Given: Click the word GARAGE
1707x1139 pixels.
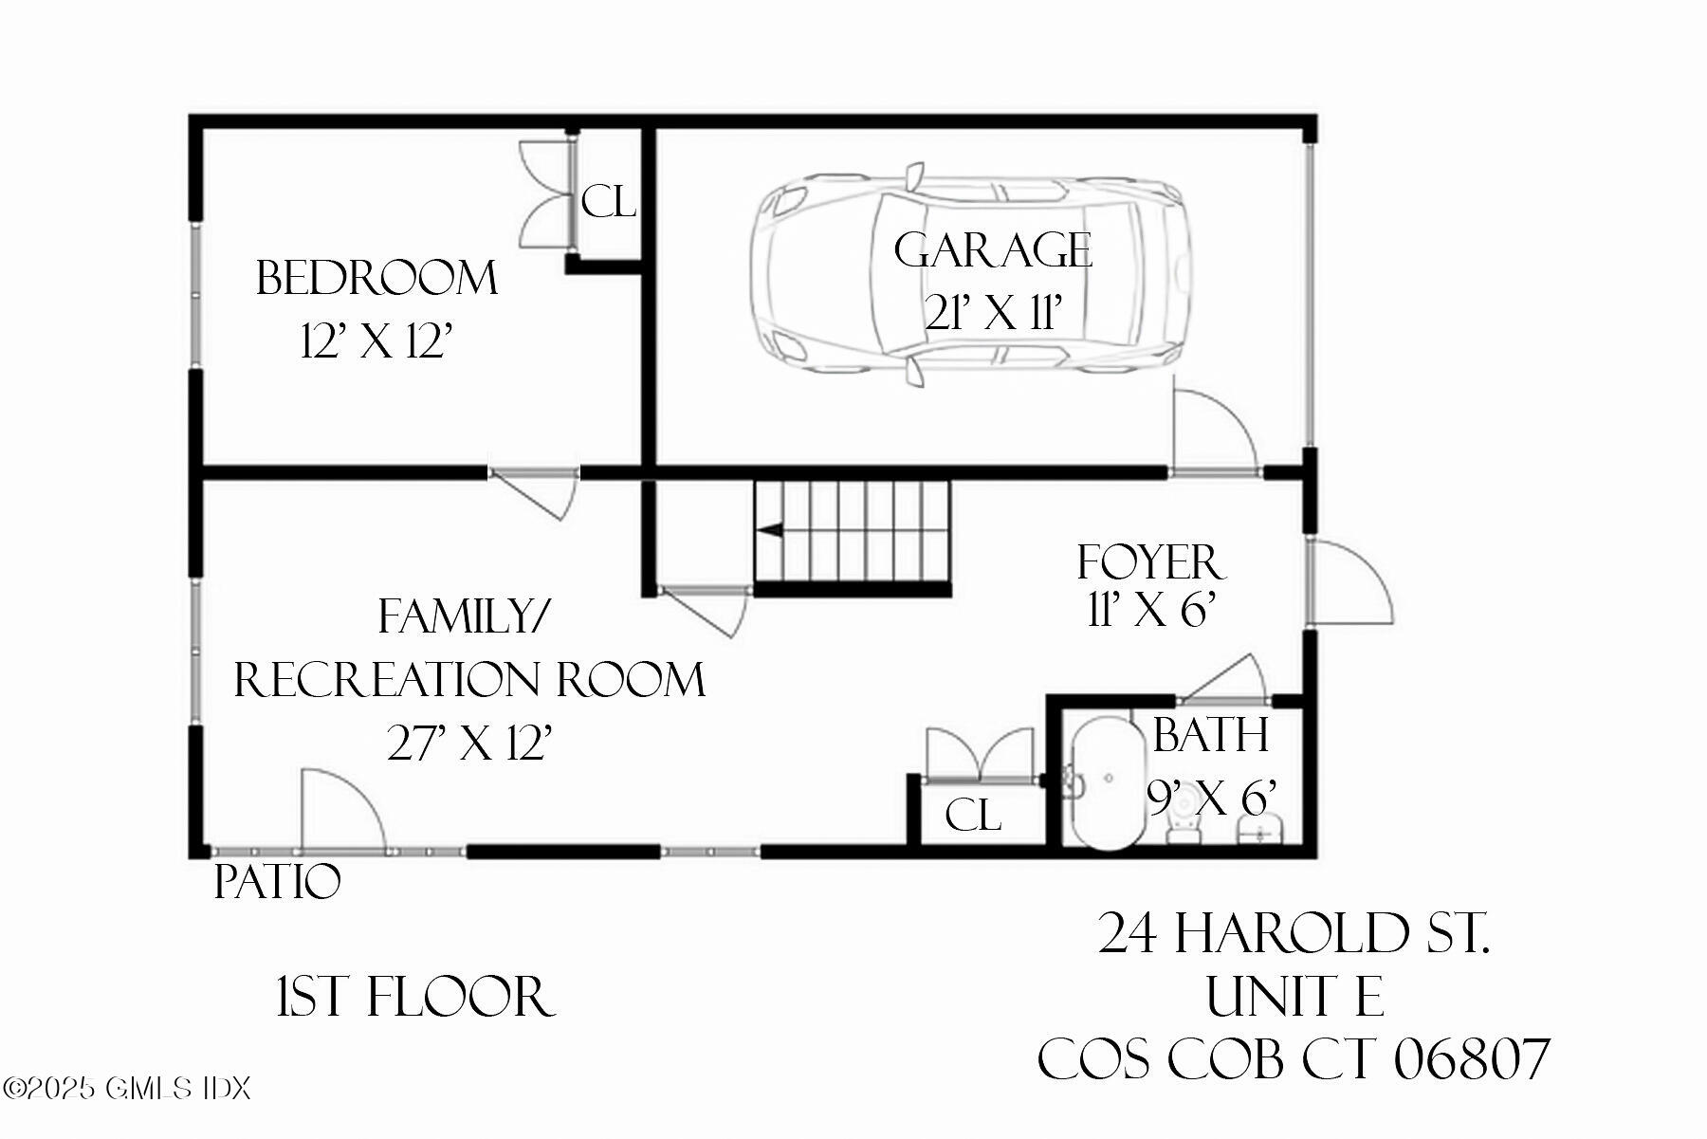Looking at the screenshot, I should [993, 250].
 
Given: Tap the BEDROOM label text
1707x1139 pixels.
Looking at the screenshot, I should [376, 278].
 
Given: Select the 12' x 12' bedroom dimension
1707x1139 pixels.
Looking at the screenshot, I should [374, 341].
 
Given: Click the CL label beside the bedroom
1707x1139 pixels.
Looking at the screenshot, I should [608, 202].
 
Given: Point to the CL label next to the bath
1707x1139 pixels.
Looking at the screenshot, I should [973, 815].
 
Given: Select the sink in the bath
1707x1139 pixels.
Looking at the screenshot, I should [1260, 833].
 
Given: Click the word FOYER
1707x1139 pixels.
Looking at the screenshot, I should [1151, 562].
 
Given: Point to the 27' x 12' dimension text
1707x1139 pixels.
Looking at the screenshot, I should [469, 744].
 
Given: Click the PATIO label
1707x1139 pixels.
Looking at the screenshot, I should [277, 882].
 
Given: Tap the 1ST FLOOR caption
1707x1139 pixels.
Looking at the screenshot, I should [415, 997].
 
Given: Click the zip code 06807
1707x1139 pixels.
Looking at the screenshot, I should [1471, 1059].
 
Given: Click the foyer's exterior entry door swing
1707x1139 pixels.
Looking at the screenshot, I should [1351, 580].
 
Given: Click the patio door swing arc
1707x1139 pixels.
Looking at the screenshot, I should [346, 806].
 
